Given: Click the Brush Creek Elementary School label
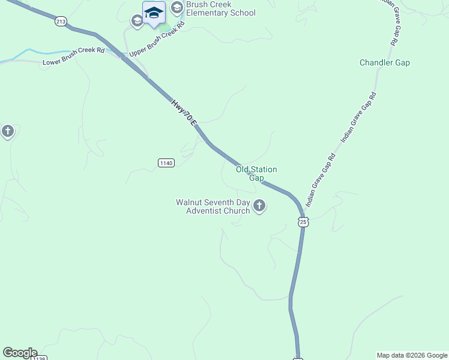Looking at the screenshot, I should point(221,9).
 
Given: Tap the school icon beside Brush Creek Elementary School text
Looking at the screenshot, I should point(176,8).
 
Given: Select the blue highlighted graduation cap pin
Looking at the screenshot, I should point(154,13).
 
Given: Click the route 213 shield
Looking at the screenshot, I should point(61,22).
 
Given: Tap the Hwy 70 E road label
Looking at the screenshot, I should point(184,112).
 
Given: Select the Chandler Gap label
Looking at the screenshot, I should point(384,63).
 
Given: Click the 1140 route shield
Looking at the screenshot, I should point(166,163).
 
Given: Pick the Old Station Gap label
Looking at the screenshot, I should point(256,174).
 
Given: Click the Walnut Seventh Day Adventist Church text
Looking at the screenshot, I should point(213,206).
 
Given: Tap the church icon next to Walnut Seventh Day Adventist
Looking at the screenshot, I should point(259,206).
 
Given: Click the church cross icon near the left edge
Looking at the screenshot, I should point(7,131).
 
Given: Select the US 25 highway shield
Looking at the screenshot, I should point(303,222).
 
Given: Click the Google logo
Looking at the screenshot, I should point(20,353).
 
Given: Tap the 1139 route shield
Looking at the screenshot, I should point(39,358).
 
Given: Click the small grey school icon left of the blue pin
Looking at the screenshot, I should point(137,21).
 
